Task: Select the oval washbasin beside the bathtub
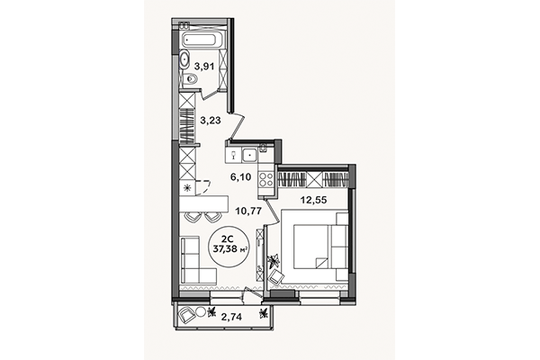(x=183, y=61)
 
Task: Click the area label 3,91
(x=204, y=65)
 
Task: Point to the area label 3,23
(x=209, y=117)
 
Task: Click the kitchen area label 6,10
(x=240, y=176)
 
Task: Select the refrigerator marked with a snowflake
(x=187, y=188)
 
